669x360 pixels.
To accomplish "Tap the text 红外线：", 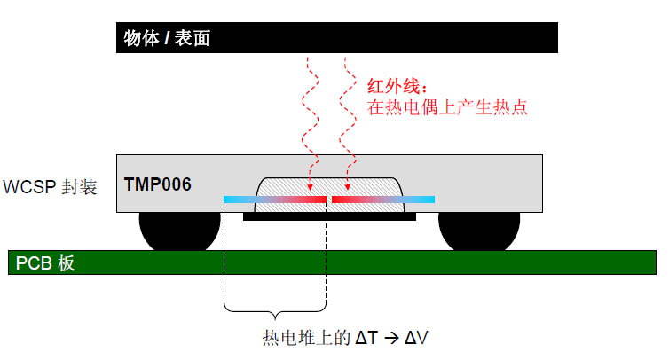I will [397, 87].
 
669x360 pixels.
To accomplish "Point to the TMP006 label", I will [157, 184].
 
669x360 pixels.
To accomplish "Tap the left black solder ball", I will [179, 232].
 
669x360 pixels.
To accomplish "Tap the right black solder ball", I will [478, 232].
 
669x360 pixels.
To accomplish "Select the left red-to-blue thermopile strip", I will [275, 200].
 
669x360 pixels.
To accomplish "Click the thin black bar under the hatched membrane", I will [329, 217].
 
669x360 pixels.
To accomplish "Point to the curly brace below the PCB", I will [276, 311].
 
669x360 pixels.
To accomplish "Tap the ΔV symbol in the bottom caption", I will [416, 338].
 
